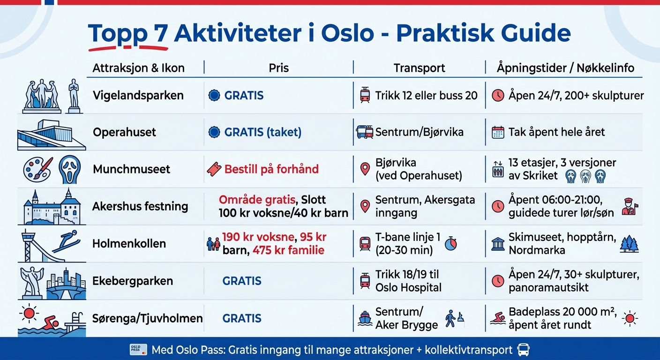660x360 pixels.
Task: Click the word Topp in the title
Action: click(115, 33)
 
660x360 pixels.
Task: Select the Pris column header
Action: click(278, 68)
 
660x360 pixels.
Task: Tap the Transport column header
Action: click(419, 68)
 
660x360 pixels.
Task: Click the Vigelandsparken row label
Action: click(138, 96)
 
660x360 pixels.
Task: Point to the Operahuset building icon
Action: click(51, 133)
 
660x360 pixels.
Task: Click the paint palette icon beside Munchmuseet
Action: click(37, 169)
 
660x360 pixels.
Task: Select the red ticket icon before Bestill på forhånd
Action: click(214, 169)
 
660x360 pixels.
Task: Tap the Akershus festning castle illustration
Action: click(52, 206)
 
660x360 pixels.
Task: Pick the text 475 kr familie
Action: click(288, 250)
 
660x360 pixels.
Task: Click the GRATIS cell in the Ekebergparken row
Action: click(242, 281)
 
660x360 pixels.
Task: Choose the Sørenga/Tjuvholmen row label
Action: click(148, 319)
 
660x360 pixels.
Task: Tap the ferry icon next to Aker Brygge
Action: click(365, 319)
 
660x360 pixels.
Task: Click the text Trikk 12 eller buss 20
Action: click(426, 96)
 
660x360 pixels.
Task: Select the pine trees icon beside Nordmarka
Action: click(629, 244)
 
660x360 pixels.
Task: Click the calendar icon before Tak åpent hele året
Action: click(498, 132)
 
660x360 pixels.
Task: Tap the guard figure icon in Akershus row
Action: click(628, 206)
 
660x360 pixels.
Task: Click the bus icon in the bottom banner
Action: click(523, 350)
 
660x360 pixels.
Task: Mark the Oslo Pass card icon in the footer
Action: click(135, 350)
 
